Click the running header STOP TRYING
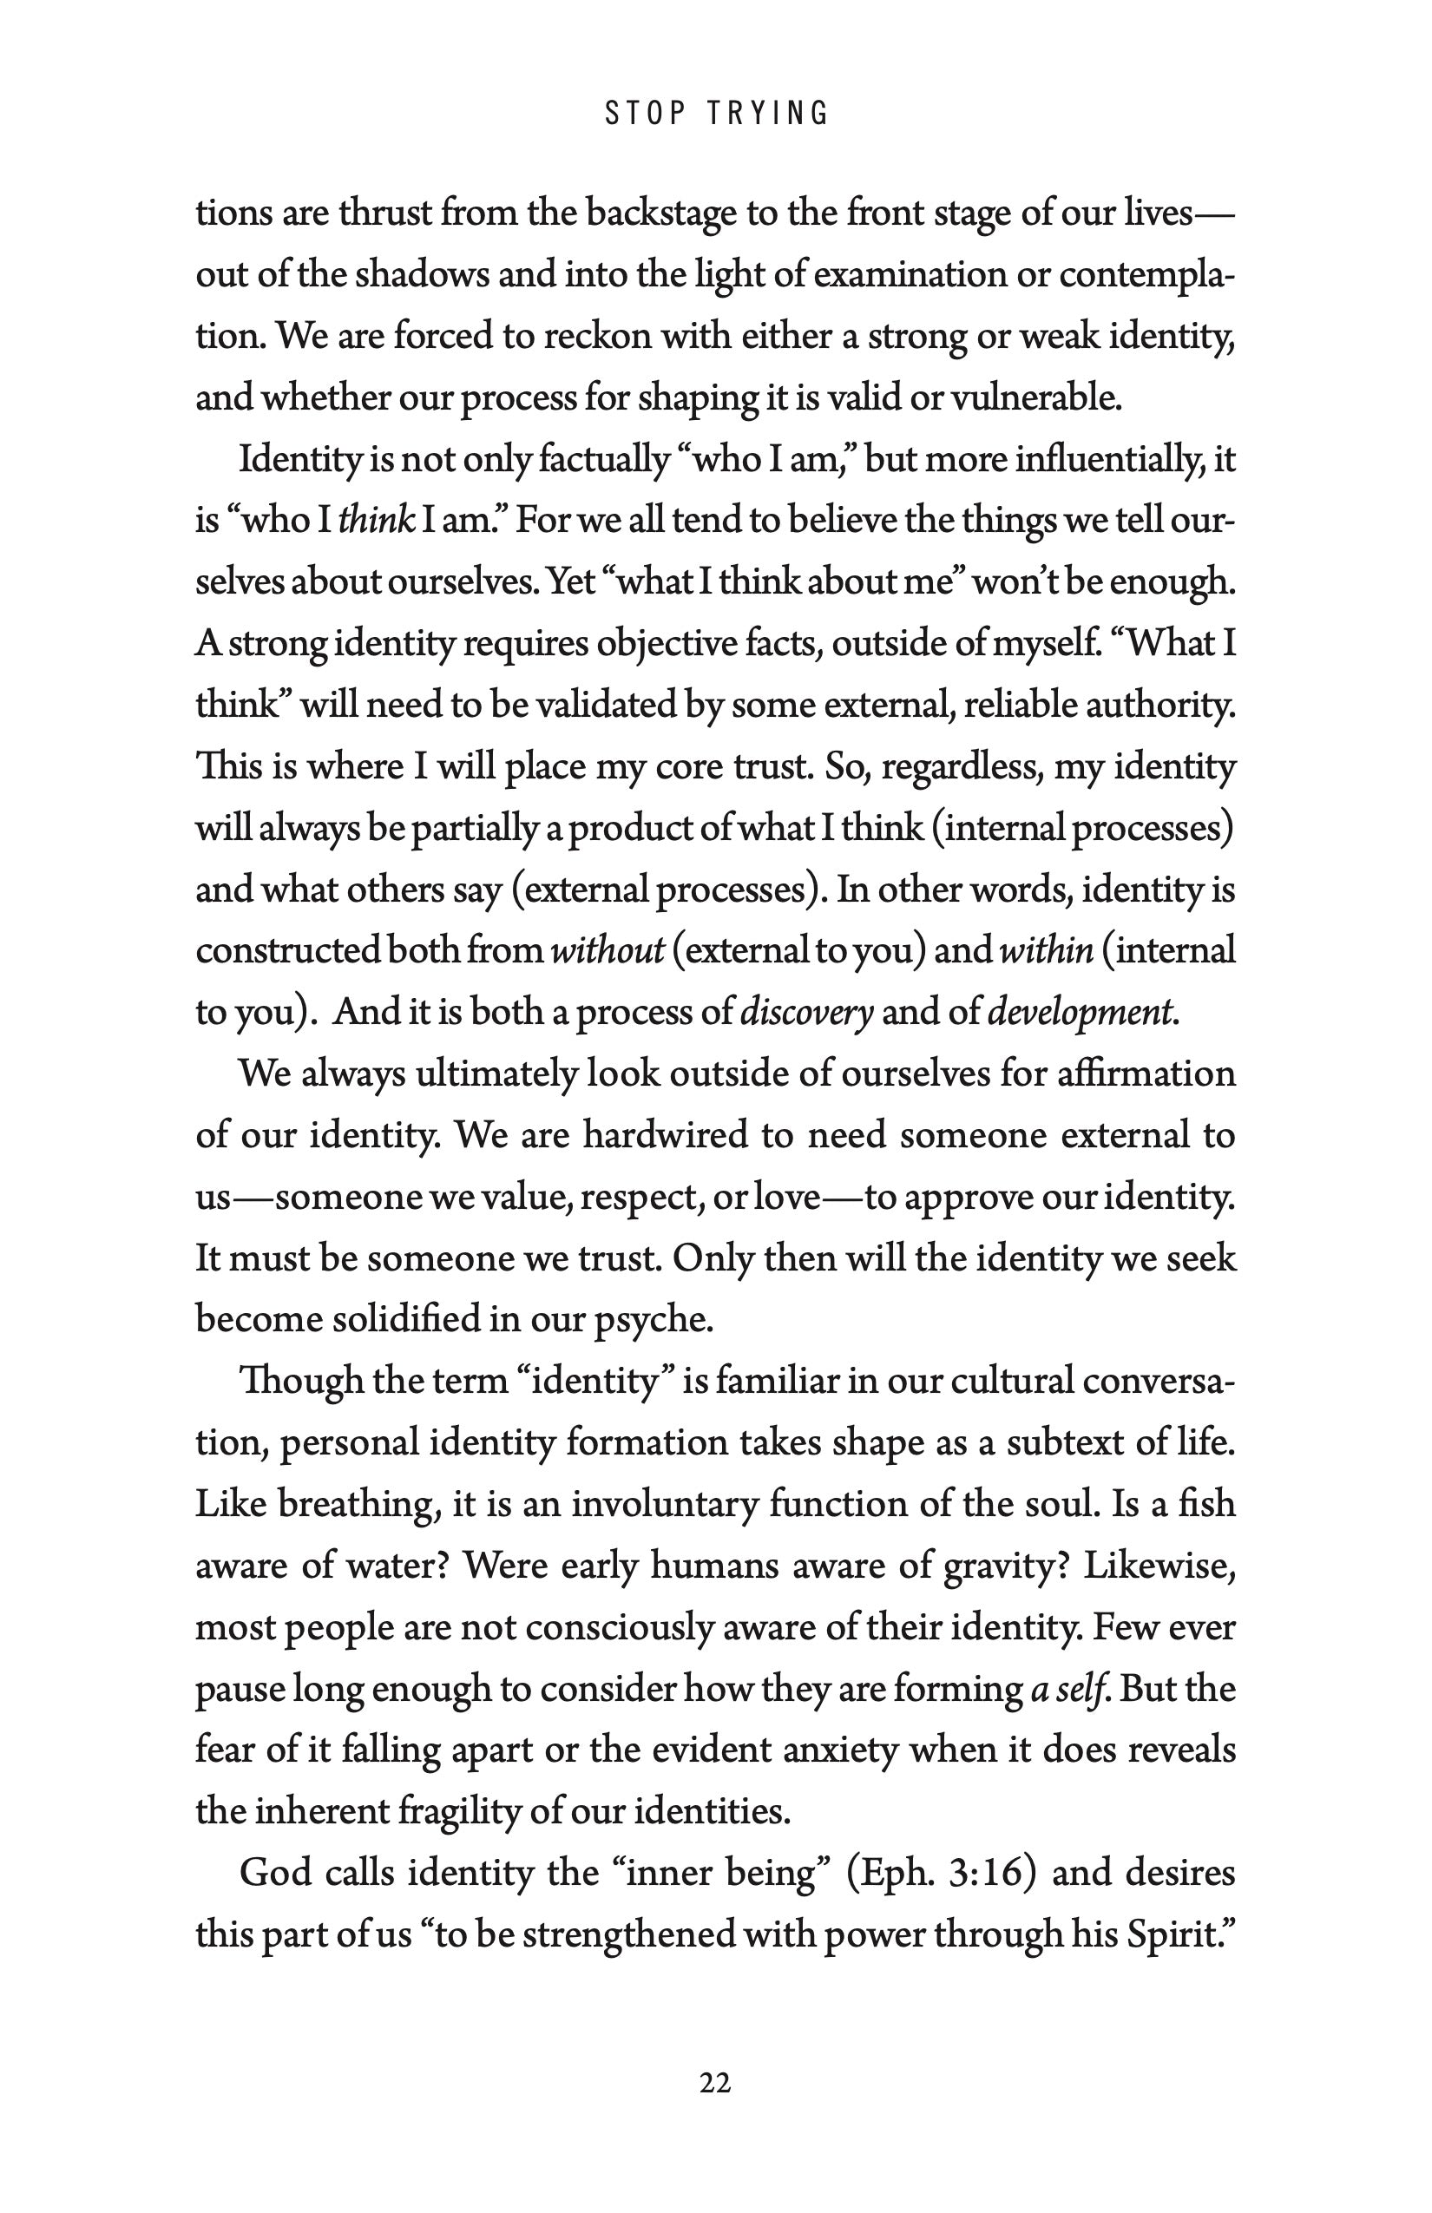[x=716, y=114]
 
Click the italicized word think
[x=377, y=521]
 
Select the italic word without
[x=608, y=951]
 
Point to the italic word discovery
[x=806, y=1013]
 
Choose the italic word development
[x=1081, y=1013]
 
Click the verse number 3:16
[x=987, y=1873]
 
